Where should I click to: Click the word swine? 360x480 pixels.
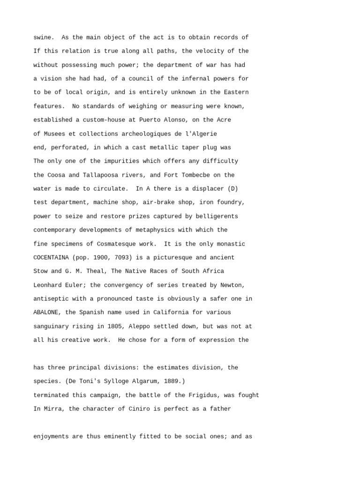(x=44, y=37)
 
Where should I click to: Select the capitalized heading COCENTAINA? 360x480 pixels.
(x=51, y=258)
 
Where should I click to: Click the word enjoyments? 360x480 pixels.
(x=51, y=436)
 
